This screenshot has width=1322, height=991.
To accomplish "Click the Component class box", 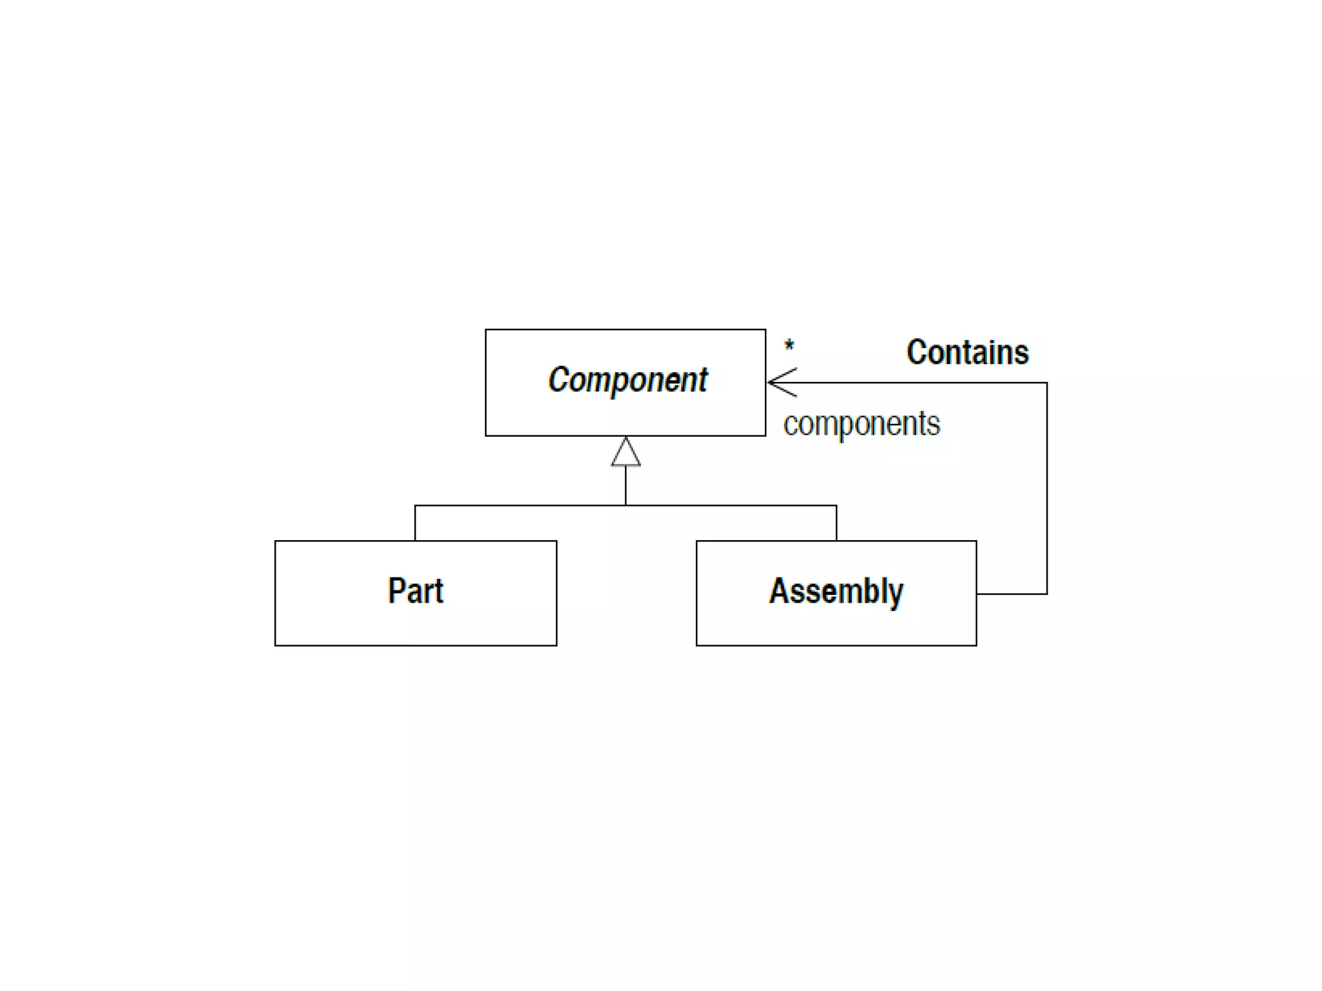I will tap(625, 382).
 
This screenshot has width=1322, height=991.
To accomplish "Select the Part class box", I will tap(415, 592).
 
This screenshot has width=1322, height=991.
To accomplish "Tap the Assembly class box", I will tap(836, 592).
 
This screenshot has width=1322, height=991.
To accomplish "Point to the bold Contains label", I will tap(967, 352).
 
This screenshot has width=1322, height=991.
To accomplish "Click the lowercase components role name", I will tap(861, 424).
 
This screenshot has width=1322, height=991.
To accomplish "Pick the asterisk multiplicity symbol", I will tap(789, 346).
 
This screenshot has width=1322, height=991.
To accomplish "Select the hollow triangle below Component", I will tap(625, 452).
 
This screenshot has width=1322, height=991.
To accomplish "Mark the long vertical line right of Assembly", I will tap(1046, 490).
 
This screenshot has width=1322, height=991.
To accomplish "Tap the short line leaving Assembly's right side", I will tap(1011, 594).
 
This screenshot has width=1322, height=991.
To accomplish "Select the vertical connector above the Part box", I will tap(415, 523).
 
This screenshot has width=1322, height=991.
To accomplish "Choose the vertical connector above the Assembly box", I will tap(837, 523).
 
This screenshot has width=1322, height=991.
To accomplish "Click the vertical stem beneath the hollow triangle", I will tap(625, 485).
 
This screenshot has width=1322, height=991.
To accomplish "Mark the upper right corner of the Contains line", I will tap(1046, 383).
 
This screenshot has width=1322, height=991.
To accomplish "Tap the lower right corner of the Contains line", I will tap(1046, 594).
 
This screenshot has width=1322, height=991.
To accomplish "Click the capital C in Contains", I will tap(917, 352).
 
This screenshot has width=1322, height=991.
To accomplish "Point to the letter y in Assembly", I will tap(895, 594).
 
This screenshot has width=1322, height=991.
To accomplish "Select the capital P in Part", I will tap(396, 590).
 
